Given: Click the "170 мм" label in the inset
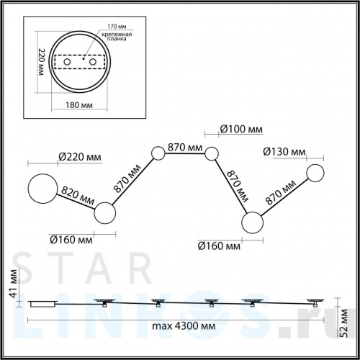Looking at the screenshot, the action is [117, 27].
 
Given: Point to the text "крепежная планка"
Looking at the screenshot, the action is [117, 37].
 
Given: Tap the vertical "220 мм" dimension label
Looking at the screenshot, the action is [42, 62].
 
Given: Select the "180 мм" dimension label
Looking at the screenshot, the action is [79, 105].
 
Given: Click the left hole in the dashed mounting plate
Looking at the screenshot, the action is [67, 62].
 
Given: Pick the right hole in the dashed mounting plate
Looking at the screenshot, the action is [93, 62].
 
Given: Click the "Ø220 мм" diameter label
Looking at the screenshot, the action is [80, 157].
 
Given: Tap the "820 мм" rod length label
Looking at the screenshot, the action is [77, 196].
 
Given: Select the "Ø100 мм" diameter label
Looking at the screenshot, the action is [241, 130].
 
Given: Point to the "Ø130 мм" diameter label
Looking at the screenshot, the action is [284, 152].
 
